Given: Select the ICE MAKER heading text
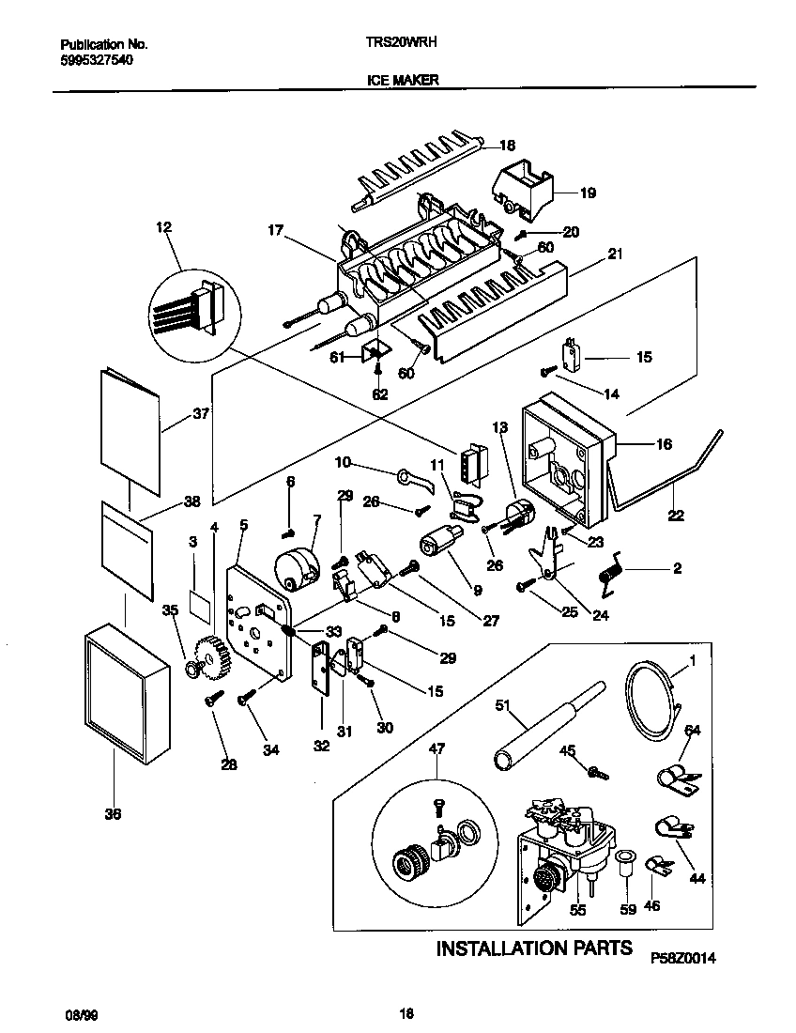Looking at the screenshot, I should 402,81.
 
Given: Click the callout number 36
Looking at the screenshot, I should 113,814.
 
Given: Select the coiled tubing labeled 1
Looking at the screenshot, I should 650,698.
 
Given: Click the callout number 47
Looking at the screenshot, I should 436,748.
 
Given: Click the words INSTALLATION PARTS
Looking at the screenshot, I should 534,948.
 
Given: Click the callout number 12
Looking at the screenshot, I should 164,226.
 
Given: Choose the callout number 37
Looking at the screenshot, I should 200,413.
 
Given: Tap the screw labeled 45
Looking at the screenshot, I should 595,773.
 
